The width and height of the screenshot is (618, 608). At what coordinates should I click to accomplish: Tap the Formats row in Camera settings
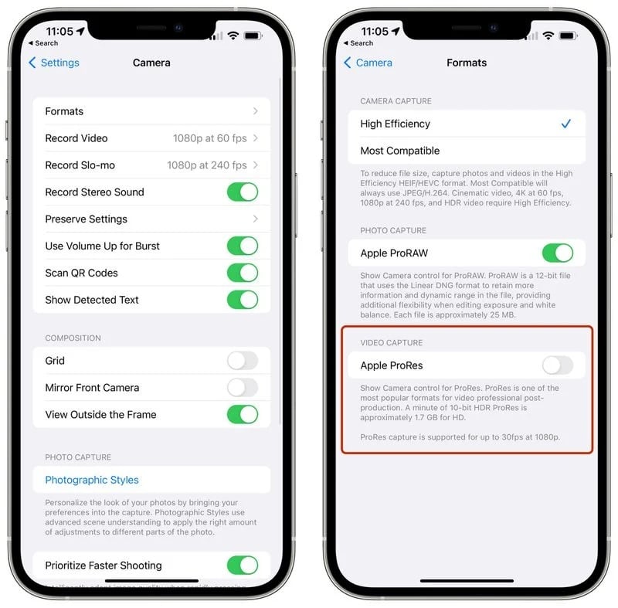pos(151,111)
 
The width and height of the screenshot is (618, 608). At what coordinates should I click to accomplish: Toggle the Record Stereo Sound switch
pos(242,192)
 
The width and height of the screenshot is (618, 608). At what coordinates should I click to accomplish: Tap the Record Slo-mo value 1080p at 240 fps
pos(207,165)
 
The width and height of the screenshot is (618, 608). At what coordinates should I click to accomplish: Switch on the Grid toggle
pos(242,361)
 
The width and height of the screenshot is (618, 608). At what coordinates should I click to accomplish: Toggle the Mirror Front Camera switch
pos(242,388)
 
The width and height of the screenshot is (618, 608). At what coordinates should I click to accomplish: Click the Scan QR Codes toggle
pos(242,273)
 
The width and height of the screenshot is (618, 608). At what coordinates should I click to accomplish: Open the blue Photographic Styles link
pos(92,480)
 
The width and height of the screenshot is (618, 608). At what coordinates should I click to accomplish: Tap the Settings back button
pos(54,63)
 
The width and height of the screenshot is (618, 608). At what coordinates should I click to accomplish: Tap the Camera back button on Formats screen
pos(368,63)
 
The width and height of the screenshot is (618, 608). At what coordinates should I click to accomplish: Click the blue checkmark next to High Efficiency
pos(566,124)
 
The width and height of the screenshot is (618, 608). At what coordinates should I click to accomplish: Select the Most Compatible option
pos(400,151)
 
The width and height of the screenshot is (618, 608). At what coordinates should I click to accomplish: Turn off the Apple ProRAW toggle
pos(557,253)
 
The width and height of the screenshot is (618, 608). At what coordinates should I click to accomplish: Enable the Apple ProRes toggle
pos(557,365)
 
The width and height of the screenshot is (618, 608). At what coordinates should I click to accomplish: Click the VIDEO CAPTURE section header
pos(392,342)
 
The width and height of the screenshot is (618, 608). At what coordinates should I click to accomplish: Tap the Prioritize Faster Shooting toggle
pos(242,565)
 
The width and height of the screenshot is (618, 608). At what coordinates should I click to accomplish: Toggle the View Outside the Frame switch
pos(242,415)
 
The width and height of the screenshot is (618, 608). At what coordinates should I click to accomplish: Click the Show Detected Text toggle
pos(242,300)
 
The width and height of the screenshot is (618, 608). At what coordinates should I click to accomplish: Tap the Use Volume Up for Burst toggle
pos(242,246)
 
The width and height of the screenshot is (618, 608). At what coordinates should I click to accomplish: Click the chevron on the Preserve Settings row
pos(256,219)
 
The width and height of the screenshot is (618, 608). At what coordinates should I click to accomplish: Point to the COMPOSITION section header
pos(73,338)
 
